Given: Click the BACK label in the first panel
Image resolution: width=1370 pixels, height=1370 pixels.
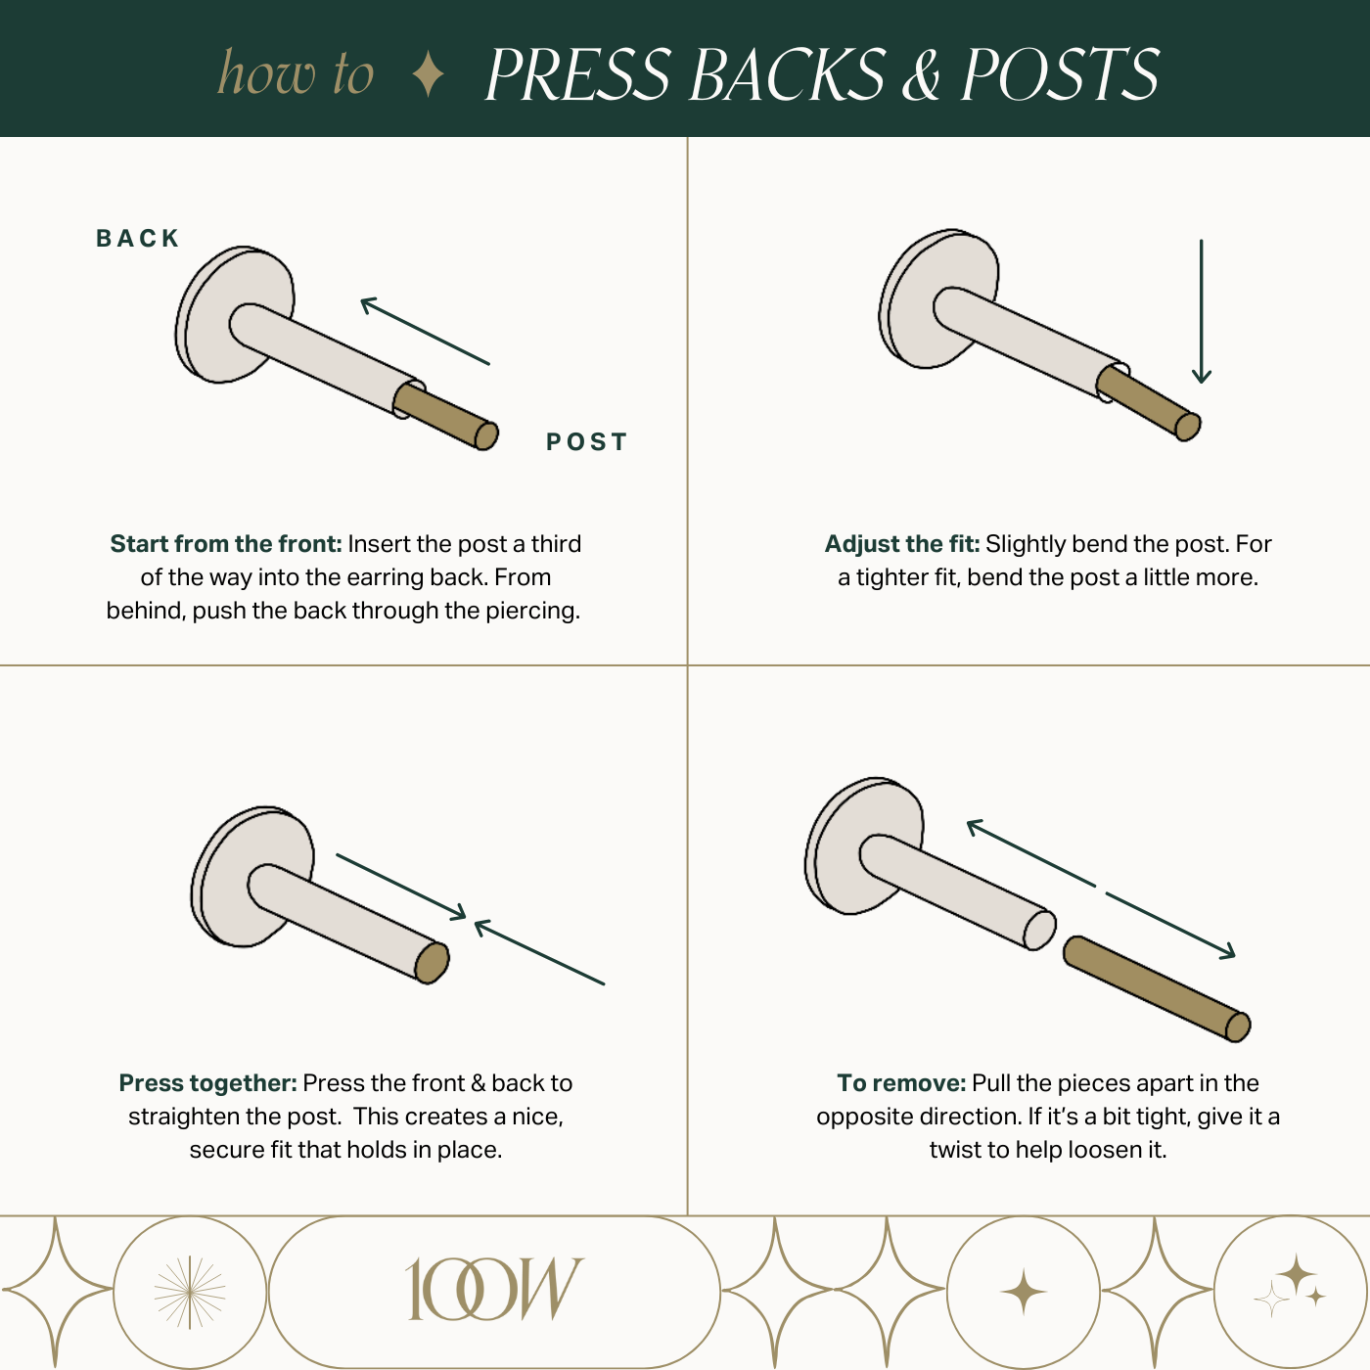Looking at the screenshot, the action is (137, 238).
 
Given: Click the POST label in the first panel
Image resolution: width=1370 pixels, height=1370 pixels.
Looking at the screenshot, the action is (586, 441).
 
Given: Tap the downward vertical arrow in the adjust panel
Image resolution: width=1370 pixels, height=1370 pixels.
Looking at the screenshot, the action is (1201, 311).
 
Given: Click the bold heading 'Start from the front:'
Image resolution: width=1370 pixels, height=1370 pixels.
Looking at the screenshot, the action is (225, 544).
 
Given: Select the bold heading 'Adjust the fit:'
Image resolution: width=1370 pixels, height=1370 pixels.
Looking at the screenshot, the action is (901, 544).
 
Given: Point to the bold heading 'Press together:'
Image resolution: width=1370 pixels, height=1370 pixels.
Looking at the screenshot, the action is (207, 1082).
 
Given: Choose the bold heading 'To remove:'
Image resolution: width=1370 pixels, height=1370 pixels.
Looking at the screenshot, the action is (901, 1082).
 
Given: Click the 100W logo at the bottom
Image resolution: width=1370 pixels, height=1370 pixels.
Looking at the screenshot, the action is (493, 1289).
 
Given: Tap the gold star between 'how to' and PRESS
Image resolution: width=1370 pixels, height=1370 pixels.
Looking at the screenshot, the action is (428, 74).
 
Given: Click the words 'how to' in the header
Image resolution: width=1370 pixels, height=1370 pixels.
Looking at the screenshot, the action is (296, 72).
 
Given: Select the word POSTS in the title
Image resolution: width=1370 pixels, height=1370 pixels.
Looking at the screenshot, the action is (1060, 74).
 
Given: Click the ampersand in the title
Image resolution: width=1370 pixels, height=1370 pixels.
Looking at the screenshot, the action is (922, 75).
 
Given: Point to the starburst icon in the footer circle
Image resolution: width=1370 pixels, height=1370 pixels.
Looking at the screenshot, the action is (190, 1292).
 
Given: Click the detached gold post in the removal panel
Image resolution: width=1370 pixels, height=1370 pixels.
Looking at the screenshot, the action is (1156, 989).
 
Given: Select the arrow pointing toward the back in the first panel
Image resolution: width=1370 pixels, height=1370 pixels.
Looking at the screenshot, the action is (425, 332).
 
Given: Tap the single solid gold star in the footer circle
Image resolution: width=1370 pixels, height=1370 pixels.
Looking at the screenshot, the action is (1023, 1291).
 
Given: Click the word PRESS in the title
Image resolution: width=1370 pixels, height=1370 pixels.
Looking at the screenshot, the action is (578, 74).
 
